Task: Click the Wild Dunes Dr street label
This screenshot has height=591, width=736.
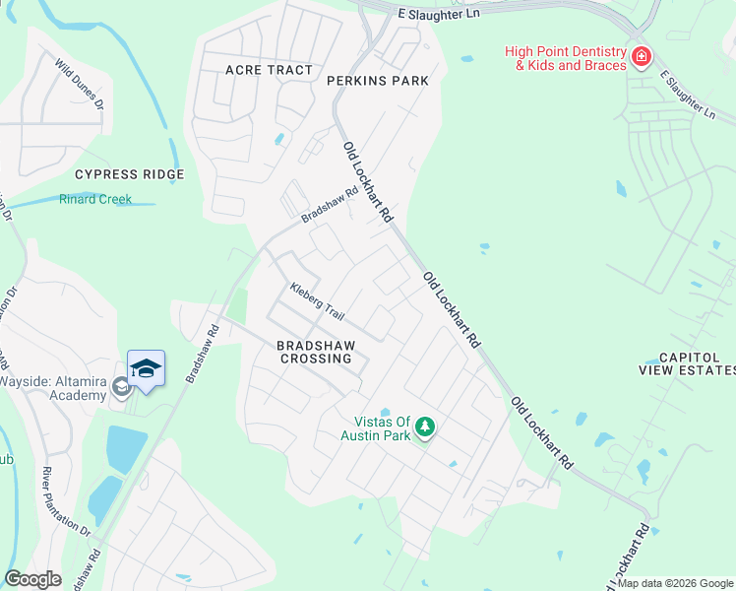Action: pos(79,88)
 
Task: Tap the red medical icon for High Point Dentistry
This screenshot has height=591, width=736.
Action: pos(642,57)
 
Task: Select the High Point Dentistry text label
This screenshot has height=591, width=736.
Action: pos(565,58)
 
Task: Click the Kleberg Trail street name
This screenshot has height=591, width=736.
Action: pos(317,302)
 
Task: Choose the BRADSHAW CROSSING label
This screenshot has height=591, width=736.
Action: pos(314,352)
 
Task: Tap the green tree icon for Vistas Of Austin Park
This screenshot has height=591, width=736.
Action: pos(424,427)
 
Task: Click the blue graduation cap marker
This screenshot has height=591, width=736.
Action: pos(146,369)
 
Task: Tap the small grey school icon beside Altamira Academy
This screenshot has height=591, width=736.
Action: pos(121,387)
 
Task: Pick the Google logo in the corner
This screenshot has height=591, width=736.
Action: pos(31,579)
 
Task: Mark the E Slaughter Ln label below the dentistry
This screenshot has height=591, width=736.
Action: pos(688,96)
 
